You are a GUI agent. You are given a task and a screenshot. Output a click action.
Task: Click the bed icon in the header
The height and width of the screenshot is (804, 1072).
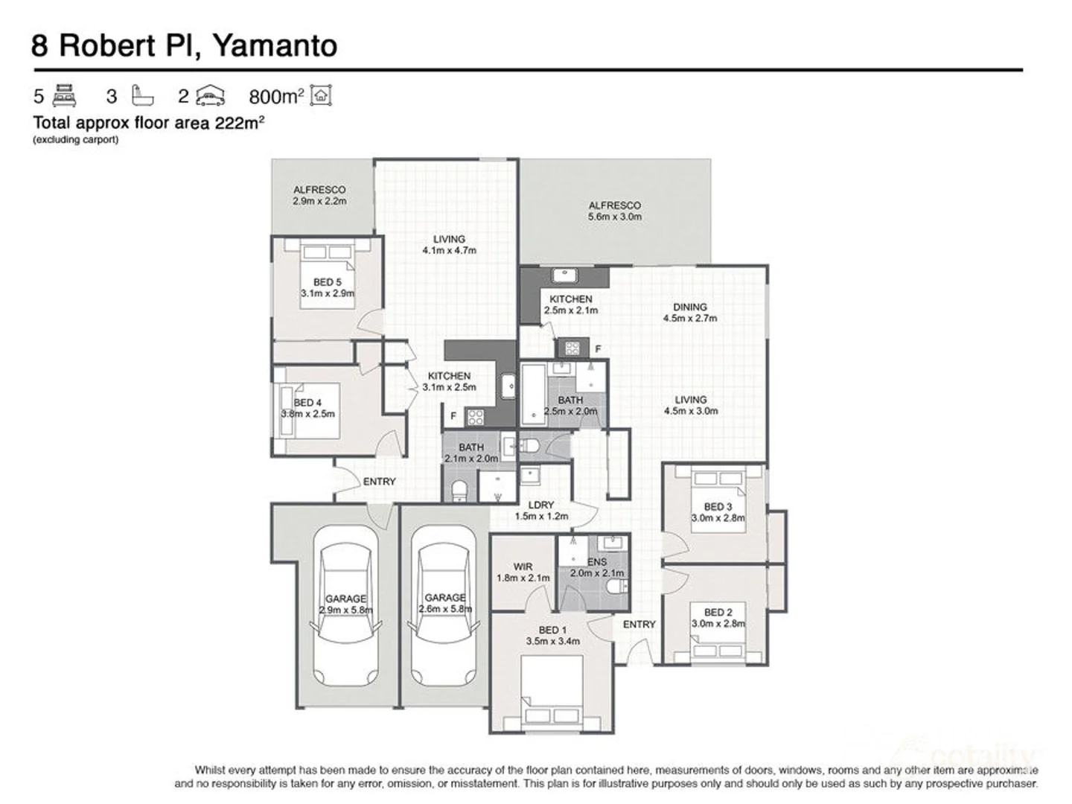[65, 96]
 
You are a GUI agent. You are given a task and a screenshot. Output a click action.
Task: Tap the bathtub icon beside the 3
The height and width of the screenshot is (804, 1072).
[142, 96]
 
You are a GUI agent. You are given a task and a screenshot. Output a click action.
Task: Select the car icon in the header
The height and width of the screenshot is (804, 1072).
[211, 96]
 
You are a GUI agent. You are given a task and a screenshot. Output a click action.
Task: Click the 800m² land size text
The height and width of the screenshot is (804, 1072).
[276, 97]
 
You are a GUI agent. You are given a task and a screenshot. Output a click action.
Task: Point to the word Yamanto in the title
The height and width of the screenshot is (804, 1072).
[275, 45]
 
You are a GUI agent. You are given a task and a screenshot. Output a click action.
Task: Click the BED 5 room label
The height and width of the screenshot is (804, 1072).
[327, 282]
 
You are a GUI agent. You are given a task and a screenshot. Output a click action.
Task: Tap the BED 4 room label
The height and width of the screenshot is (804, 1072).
[307, 403]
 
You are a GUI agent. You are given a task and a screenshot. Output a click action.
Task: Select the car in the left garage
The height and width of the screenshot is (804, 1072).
[345, 607]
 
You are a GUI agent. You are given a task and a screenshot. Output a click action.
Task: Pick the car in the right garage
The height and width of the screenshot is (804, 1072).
[444, 607]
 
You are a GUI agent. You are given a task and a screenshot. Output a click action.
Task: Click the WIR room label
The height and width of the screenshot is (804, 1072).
[523, 567]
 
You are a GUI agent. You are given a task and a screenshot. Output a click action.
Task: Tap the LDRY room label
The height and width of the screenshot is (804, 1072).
[541, 505]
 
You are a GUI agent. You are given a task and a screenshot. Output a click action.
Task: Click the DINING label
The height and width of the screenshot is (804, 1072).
[689, 307]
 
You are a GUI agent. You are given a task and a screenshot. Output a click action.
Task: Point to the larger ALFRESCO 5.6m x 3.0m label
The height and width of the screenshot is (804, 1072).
[614, 211]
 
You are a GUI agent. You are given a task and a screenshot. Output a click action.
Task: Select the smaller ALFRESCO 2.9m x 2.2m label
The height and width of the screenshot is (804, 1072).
[319, 195]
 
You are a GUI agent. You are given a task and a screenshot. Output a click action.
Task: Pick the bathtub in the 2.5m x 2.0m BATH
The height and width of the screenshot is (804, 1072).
[532, 395]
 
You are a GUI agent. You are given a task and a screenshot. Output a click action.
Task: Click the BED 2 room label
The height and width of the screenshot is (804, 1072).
[718, 612]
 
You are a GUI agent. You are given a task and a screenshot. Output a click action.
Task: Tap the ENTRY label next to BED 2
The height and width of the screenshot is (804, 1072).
[639, 625]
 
